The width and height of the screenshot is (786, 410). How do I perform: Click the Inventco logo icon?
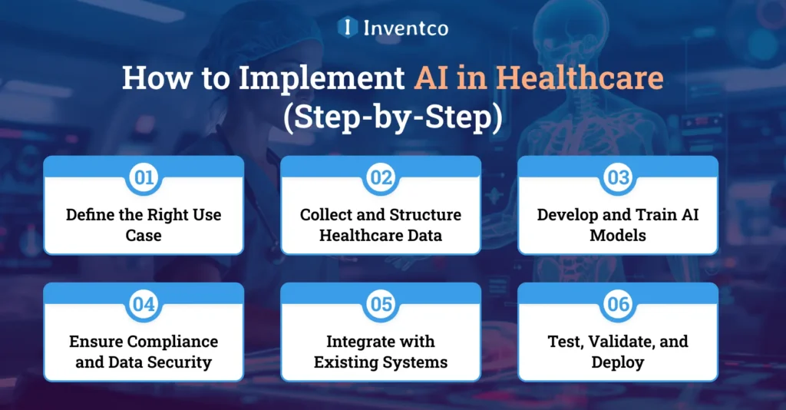[x=348, y=28]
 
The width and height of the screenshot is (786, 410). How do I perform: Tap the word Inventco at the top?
[x=406, y=28]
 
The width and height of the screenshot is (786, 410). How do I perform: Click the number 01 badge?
[x=144, y=178]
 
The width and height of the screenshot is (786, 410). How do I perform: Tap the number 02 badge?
[x=381, y=178]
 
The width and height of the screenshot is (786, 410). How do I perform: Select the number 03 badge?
[x=618, y=178]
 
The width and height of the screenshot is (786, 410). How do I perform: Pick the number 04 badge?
[x=144, y=305]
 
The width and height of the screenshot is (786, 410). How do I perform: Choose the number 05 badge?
[x=381, y=305]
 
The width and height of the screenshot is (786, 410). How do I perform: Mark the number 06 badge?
[x=618, y=305]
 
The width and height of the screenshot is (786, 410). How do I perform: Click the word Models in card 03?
[x=618, y=235]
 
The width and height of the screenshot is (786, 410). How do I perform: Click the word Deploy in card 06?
[x=618, y=362]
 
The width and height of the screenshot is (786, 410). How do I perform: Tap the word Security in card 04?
[x=183, y=362]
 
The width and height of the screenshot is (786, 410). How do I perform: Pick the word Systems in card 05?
[x=418, y=362]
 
